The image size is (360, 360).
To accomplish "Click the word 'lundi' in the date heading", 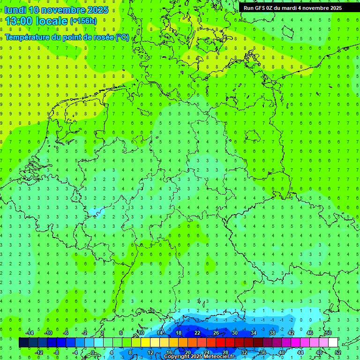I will [x=15, y=10].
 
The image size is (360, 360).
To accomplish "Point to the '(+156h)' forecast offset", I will [x=83, y=21].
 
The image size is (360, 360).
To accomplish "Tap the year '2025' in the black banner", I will [x=333, y=7].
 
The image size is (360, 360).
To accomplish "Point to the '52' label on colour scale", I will [x=338, y=352].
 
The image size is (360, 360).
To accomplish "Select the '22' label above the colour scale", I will [x=197, y=333].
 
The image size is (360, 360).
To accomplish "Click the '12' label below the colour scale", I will [x=150, y=352].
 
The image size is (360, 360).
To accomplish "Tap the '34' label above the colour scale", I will [x=254, y=333].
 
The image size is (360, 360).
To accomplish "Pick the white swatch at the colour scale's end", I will [x=333, y=342].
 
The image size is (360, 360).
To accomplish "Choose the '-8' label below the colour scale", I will [x=57, y=352].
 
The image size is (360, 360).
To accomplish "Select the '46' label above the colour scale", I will [x=310, y=333].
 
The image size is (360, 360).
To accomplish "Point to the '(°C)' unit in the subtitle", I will [x=123, y=37].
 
